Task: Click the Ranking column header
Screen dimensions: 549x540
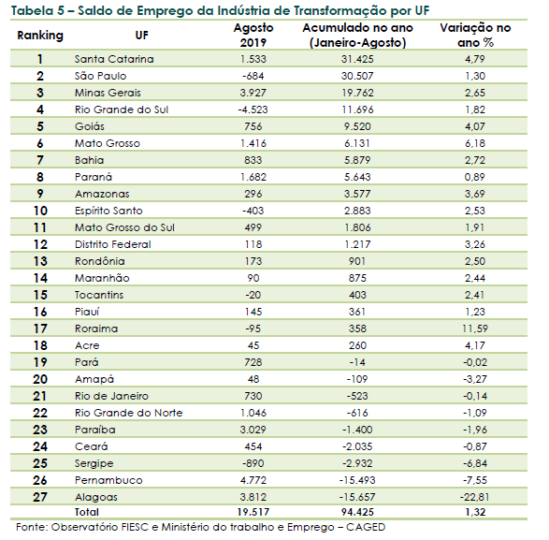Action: coord(40,36)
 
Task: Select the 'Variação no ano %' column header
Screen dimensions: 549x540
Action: coord(475,35)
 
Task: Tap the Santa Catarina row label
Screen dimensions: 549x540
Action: coord(114,59)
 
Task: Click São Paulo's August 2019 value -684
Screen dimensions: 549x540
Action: coord(253,76)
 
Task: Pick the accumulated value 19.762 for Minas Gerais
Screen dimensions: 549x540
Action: coord(357,93)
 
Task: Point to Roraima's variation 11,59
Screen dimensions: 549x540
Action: coord(475,328)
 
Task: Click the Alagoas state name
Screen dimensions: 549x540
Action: coord(96,497)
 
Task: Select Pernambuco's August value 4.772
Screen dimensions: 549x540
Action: coord(253,480)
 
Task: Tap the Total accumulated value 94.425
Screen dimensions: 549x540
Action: coord(357,512)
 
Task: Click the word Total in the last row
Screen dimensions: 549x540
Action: coord(87,512)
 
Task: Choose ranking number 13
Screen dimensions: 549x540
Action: coord(40,261)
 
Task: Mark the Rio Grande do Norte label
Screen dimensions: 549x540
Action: coord(128,413)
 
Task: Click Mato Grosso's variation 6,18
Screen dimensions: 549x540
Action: coord(475,143)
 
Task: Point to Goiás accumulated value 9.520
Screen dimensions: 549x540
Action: coord(357,126)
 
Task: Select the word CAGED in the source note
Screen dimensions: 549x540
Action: coord(366,527)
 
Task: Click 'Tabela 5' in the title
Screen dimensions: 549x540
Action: coord(37,11)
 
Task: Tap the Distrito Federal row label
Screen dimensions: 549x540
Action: coord(113,244)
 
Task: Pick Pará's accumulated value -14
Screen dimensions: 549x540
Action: coord(357,362)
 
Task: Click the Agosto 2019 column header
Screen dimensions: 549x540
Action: coord(253,35)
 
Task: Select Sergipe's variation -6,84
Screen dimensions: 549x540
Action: coord(475,463)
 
